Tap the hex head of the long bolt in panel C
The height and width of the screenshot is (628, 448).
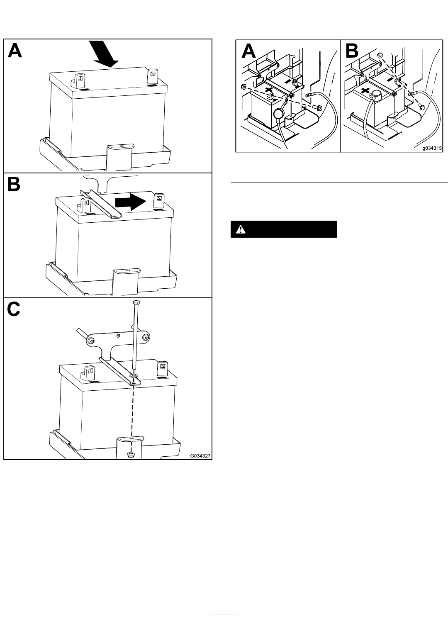(136, 302)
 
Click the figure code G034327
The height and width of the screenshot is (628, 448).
(200, 455)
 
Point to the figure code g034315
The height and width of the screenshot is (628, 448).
(432, 148)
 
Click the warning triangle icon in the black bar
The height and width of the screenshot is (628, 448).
(241, 230)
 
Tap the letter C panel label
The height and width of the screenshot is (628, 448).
(13, 309)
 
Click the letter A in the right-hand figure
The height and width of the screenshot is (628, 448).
(248, 51)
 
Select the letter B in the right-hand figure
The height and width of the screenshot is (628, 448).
(352, 51)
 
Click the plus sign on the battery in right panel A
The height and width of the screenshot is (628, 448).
(269, 90)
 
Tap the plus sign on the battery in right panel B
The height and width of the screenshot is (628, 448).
(365, 91)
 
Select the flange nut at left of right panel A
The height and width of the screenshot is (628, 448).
(243, 87)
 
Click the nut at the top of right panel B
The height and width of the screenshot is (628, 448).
(380, 55)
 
